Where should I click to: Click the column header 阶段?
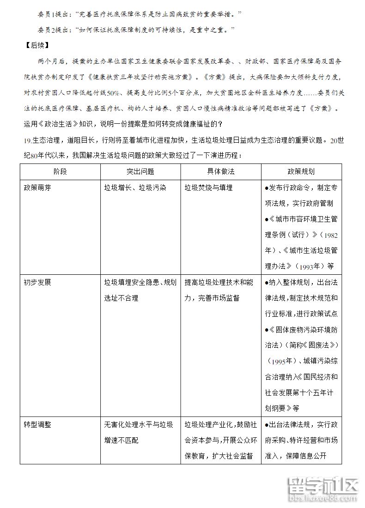click(60, 171)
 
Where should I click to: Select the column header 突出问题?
click(140, 171)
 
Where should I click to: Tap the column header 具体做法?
click(220, 171)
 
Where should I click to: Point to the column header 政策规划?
click(301, 171)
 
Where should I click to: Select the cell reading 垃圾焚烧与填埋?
click(208, 187)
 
